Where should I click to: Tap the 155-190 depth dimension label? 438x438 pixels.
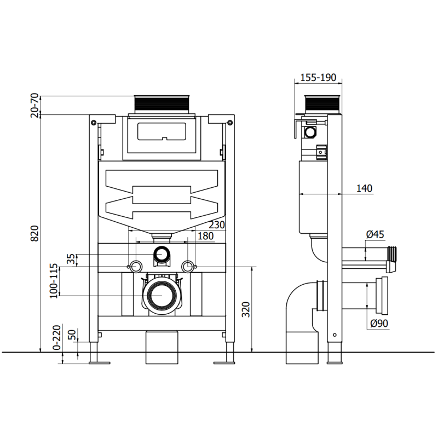point(318,77)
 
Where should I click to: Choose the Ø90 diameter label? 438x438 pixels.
point(379,324)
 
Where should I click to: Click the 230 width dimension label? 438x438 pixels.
point(216,224)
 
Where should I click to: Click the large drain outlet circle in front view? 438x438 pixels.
point(162,295)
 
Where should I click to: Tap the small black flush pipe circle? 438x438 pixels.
point(162,253)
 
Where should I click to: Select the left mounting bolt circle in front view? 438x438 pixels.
point(135,266)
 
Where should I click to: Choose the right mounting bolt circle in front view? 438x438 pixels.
point(188,266)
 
